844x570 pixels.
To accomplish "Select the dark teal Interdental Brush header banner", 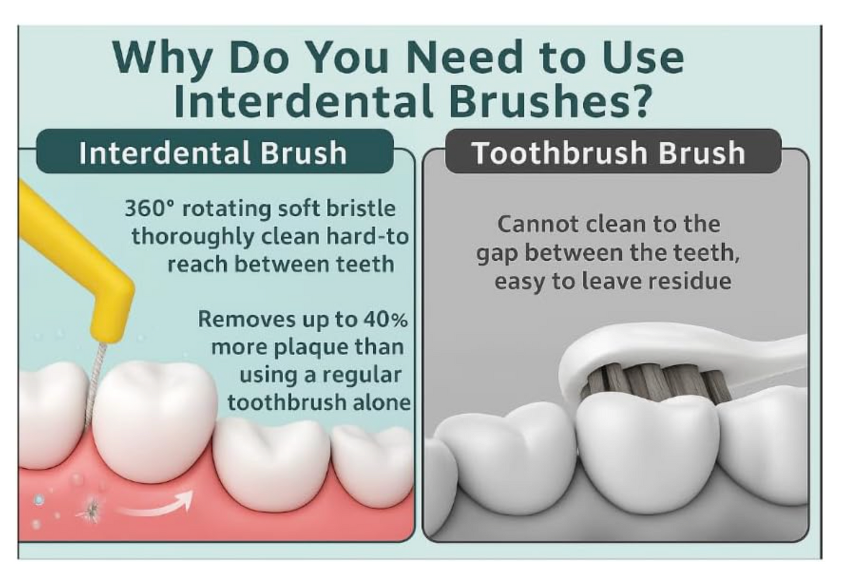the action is pos(215,151).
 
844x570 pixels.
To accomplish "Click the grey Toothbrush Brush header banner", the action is pos(613,151).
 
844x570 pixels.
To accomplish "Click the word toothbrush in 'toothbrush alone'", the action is pos(286,402).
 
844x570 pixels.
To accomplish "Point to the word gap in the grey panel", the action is pos(498,253).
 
